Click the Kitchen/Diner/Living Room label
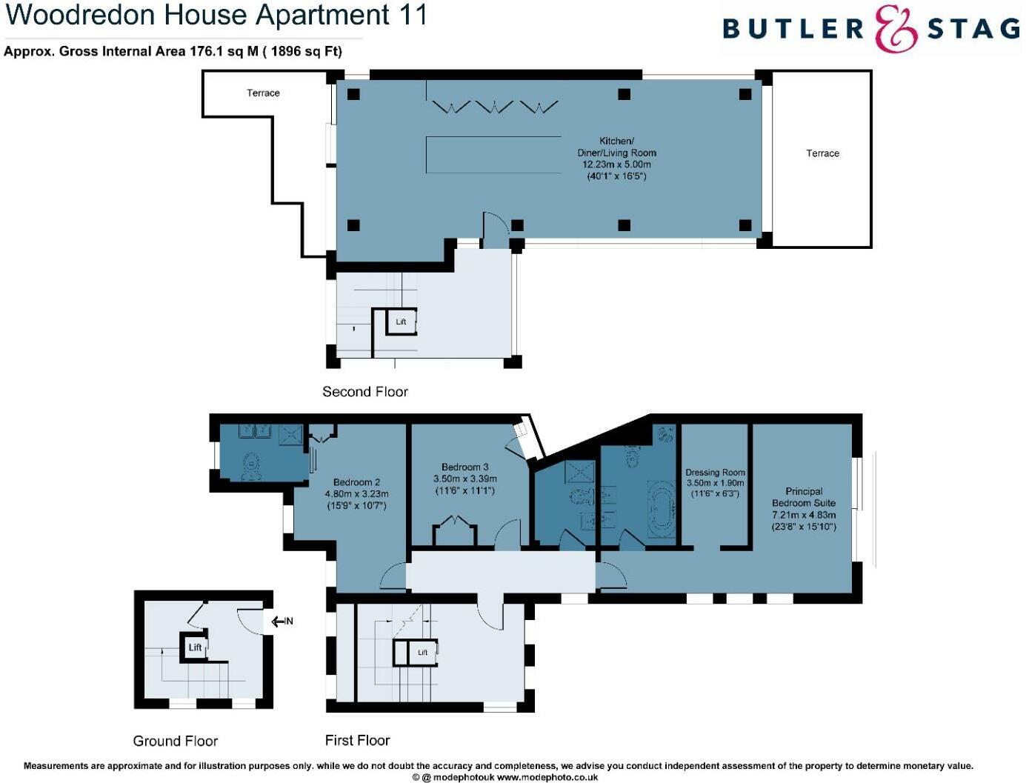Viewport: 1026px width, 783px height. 616,147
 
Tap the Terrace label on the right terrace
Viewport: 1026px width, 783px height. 822,153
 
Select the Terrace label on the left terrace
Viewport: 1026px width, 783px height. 263,93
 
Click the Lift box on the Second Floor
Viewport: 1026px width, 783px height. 401,321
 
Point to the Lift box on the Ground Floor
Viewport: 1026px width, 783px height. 194,647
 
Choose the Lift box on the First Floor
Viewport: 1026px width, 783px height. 422,653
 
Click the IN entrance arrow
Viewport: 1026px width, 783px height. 282,622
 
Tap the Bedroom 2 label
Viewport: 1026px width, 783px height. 356,482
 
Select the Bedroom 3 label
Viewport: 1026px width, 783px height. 464,467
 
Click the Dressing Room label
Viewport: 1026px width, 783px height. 715,473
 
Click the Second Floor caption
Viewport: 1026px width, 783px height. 365,392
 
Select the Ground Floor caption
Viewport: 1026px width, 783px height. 176,741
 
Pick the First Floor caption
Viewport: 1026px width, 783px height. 357,740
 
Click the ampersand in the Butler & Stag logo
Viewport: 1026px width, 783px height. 895,29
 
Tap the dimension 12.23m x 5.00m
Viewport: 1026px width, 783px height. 616,164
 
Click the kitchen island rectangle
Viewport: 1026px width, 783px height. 493,154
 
